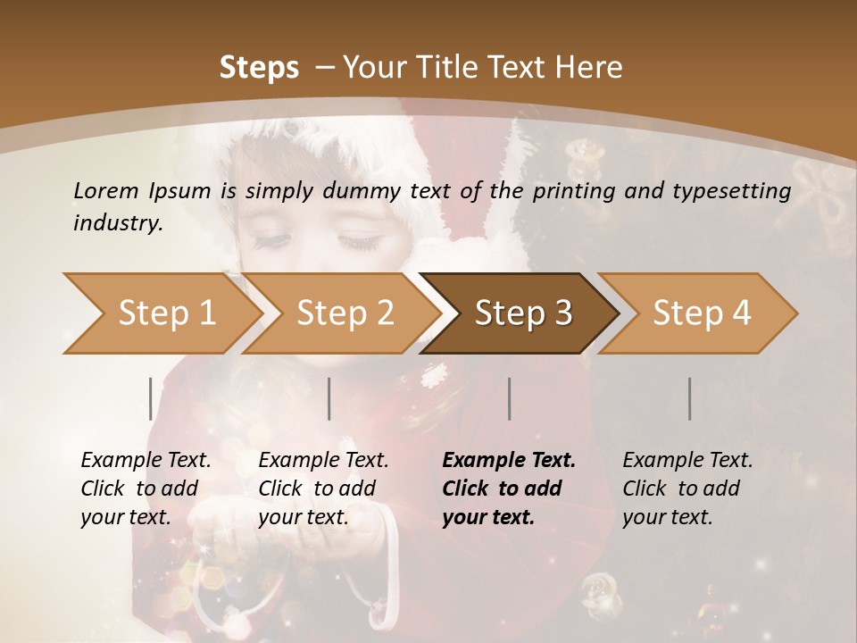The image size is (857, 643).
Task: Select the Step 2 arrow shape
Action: pos(345,313)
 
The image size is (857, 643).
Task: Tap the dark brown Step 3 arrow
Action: pos(523,313)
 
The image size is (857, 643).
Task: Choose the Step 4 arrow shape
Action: pos(702,313)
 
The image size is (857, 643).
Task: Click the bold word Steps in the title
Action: pos(259,68)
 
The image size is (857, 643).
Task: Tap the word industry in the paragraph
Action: pos(118,223)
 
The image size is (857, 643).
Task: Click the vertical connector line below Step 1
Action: pos(151,398)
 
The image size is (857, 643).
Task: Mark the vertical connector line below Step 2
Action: pos(329,398)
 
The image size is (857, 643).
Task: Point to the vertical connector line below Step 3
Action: pos(509,398)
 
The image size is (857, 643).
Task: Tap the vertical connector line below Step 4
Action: pos(689,398)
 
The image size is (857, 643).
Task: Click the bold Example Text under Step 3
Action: pos(509,460)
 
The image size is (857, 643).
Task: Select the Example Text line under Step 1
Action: pos(146,460)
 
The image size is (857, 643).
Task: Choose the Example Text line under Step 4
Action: pos(687,460)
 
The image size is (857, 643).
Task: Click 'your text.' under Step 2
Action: pos(304,517)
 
